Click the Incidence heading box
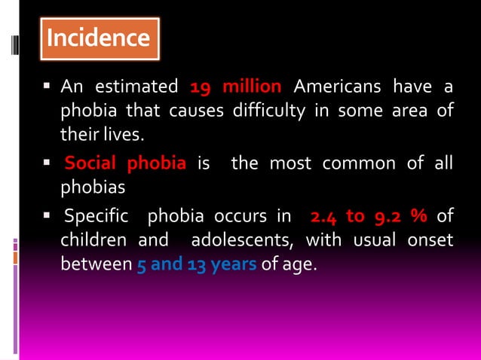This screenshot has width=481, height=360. pyautogui.click(x=99, y=38)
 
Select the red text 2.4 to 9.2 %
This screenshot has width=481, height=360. pyautogui.click(x=369, y=217)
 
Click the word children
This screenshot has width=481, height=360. pyautogui.click(x=94, y=241)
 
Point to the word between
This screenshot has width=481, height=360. pyautogui.click(x=94, y=265)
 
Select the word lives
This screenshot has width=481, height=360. pyautogui.click(x=124, y=136)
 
